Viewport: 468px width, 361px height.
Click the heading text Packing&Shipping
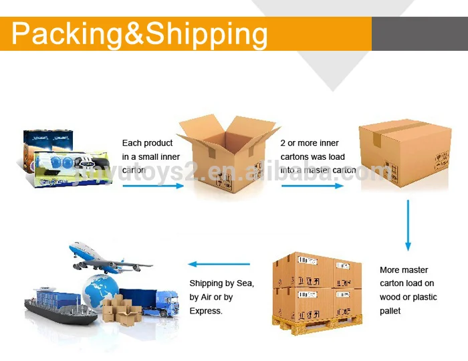[139, 33]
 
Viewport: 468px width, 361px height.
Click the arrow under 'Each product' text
[152, 185]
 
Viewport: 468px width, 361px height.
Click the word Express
[205, 311]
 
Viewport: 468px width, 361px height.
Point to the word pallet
[390, 311]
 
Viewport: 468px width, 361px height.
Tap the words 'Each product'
[147, 143]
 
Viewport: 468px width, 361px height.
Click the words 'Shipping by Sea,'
[221, 283]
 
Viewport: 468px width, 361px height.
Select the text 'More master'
[404, 270]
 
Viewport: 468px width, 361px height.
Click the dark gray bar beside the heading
[419, 33]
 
